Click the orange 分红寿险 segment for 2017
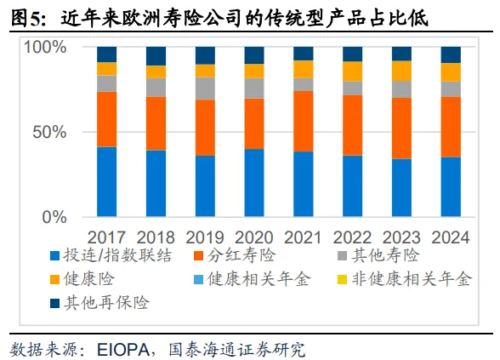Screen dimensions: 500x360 [106, 119]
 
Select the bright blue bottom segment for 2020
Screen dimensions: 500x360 [254, 183]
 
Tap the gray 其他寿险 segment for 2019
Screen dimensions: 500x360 [205, 89]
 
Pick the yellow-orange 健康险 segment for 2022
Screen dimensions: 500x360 [352, 71]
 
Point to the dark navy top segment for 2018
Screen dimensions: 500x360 [156, 56]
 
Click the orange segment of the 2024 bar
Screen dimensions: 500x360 [451, 127]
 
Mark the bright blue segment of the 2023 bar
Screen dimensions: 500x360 [401, 187]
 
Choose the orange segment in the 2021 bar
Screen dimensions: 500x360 [304, 121]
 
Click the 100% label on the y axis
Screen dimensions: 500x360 [45, 47]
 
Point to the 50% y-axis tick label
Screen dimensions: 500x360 [49, 132]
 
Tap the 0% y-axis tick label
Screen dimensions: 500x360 [54, 217]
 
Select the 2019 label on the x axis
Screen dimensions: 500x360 [205, 237]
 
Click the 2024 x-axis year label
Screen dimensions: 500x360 [451, 237]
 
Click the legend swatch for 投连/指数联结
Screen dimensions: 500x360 [54, 256]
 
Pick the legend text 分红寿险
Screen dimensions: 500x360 [241, 255]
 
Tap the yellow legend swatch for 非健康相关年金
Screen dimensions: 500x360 [343, 279]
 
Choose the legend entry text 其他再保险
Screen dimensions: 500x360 [106, 303]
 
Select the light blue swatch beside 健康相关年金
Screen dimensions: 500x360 [198, 279]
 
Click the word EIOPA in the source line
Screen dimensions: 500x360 [123, 350]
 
